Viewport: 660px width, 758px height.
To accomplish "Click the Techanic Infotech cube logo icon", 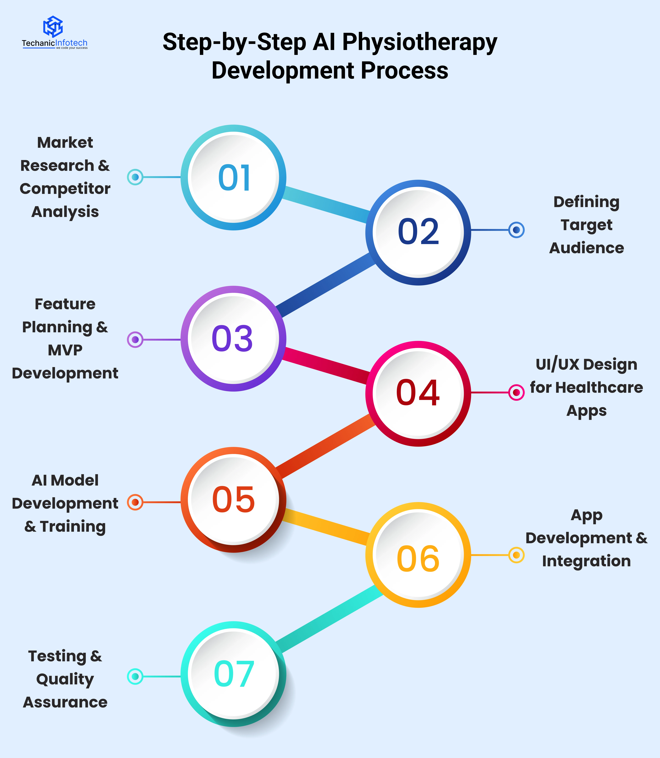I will tap(53, 27).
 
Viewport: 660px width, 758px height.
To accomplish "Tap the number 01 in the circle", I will tap(234, 178).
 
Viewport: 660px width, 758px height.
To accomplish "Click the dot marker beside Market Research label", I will tap(135, 177).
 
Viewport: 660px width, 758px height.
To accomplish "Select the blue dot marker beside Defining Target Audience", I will tap(516, 230).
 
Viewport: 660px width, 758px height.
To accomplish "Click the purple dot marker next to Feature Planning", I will tap(135, 339).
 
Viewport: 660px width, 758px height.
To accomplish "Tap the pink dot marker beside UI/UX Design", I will tap(516, 392).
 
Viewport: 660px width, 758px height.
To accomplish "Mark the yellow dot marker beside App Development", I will tap(516, 555).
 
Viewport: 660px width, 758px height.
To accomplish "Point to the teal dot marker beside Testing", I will tap(135, 676).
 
